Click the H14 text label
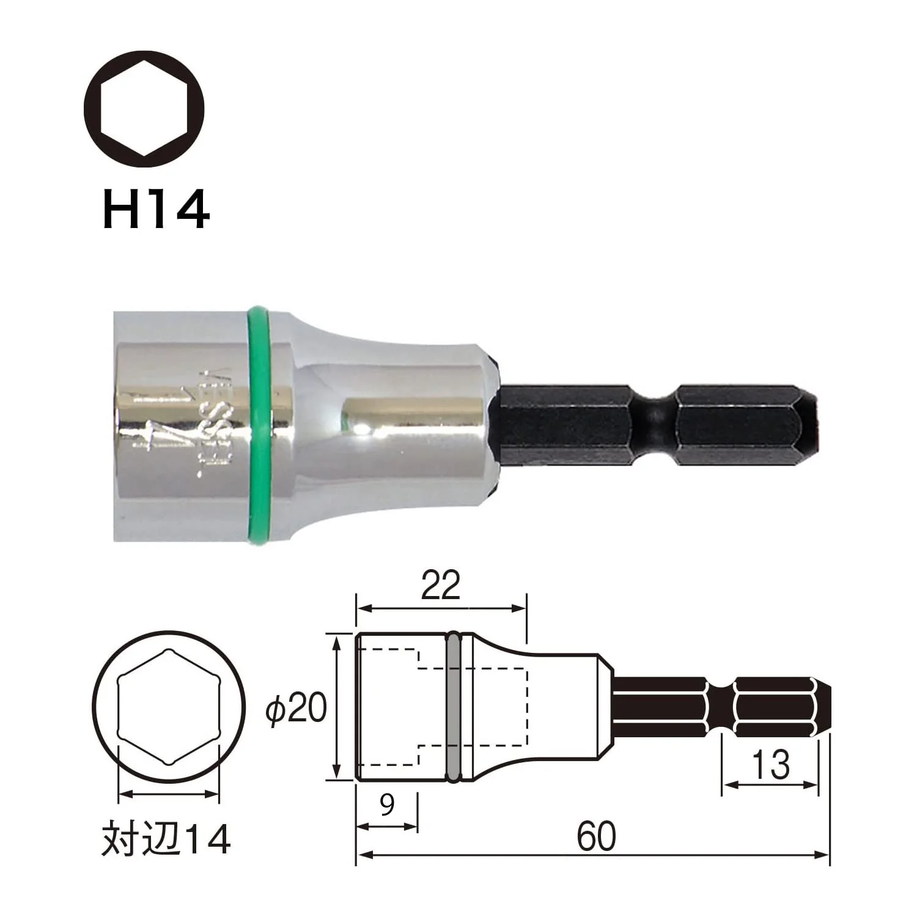(x=157, y=209)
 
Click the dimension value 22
(x=441, y=585)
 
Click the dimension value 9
(x=388, y=805)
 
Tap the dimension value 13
(x=770, y=765)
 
